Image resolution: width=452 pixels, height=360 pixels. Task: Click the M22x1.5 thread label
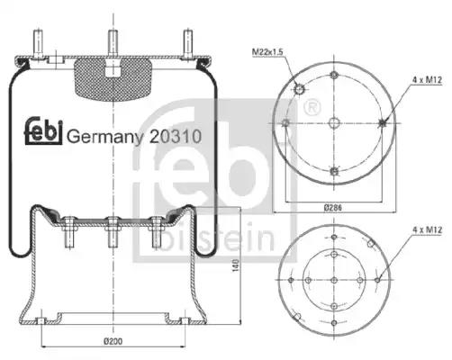(267, 52)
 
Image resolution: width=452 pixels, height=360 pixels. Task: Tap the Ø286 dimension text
(333, 207)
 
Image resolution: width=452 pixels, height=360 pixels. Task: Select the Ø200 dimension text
(113, 341)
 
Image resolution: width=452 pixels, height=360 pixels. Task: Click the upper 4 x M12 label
(427, 80)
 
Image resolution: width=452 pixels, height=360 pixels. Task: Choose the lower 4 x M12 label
(428, 229)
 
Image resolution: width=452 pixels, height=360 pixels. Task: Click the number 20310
(176, 137)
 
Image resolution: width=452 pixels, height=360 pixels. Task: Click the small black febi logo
(43, 130)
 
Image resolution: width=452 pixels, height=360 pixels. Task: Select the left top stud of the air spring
(38, 44)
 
